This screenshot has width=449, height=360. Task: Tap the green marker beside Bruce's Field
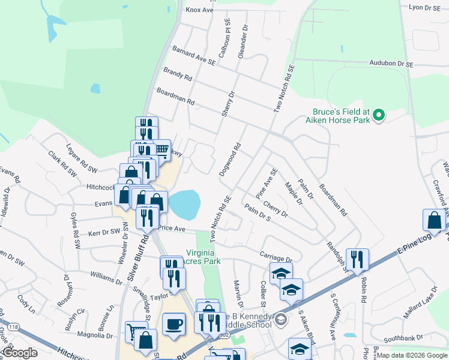point(378,114)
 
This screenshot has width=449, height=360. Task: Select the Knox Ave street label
point(200,10)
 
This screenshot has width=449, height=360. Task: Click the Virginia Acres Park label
point(203,257)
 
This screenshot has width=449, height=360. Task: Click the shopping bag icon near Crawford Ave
point(434,220)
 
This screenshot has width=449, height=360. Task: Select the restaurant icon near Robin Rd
point(357,260)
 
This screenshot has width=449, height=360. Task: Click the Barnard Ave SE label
point(193,57)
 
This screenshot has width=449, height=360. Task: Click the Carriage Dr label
point(276,256)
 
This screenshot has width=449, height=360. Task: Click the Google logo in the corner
point(20,353)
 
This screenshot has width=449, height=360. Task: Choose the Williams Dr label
point(106,277)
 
